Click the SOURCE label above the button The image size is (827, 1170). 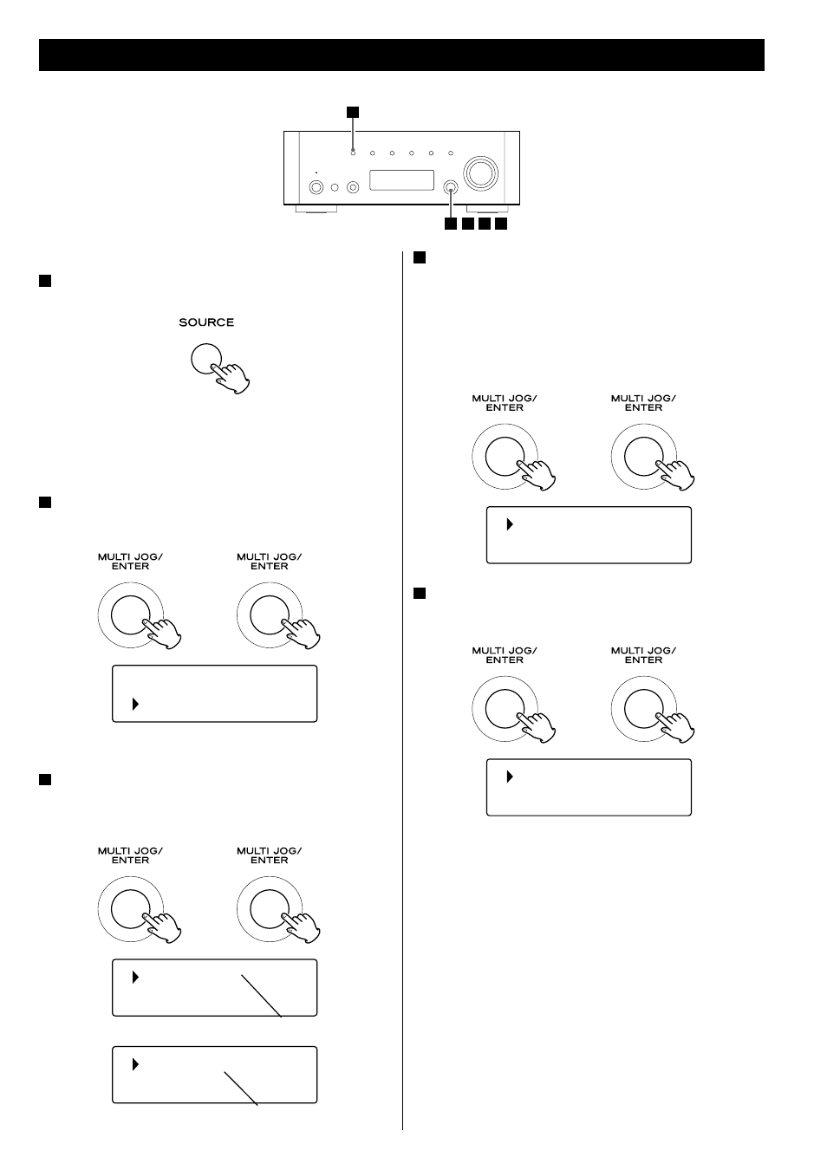206,322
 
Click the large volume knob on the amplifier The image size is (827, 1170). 481,172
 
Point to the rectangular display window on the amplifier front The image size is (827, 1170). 401,180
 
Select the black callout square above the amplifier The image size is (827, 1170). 353,111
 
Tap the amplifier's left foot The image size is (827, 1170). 316,210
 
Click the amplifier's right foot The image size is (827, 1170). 487,210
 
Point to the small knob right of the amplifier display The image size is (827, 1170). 451,186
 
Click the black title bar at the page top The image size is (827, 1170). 401,55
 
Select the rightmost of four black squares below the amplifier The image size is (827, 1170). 501,224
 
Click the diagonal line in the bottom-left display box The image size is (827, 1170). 241,1088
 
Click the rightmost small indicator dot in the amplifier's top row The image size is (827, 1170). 451,153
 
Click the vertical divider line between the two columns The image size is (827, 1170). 403,693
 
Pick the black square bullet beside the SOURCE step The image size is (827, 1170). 45,280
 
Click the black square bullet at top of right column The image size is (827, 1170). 419,257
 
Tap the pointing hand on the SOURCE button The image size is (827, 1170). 232,375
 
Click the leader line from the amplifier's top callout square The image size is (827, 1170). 353,133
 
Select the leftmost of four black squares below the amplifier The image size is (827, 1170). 450,224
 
